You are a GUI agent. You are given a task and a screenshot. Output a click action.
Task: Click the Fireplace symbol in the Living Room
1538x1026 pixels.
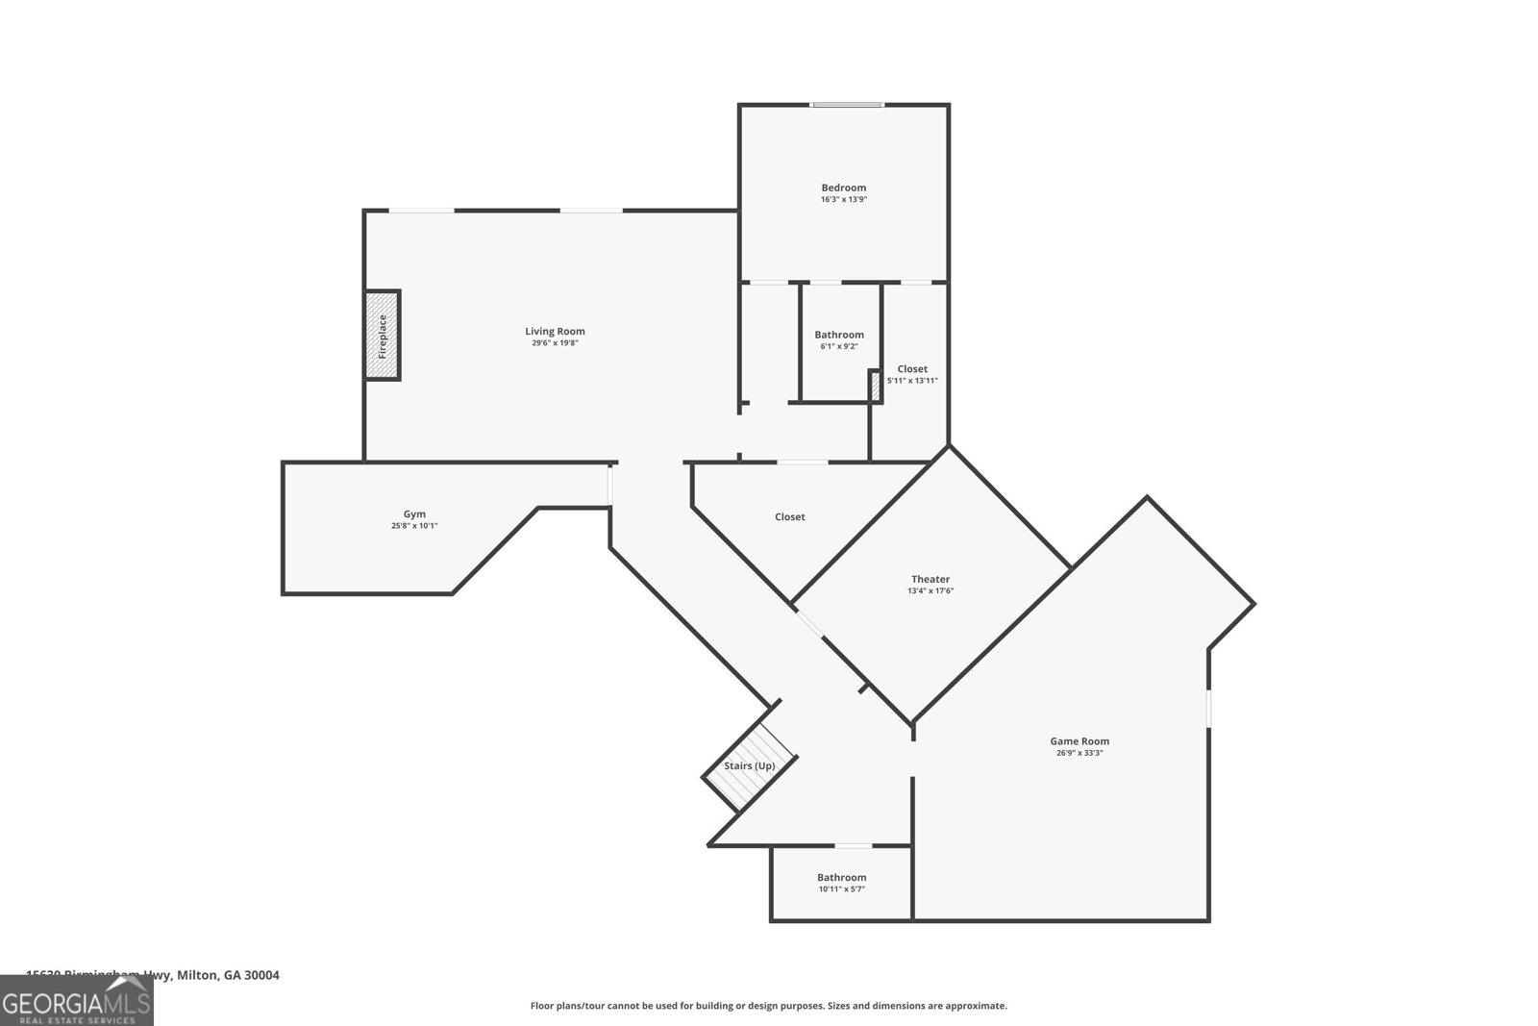[382, 336]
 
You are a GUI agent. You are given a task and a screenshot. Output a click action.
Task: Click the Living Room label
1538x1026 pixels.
[555, 331]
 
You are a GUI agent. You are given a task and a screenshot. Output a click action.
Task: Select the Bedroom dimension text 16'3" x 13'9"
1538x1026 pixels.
[843, 200]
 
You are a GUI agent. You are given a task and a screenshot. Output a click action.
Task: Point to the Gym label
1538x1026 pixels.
[414, 513]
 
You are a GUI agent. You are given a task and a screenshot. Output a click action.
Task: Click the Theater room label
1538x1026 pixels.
[930, 579]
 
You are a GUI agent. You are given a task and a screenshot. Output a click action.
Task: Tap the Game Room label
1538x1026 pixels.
[1079, 740]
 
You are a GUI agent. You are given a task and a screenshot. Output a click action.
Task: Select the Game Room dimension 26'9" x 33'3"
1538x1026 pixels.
[1079, 753]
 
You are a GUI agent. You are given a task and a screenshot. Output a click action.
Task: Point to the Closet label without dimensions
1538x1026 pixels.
[789, 517]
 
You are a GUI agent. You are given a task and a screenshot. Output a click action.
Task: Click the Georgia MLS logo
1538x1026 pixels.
[76, 1001]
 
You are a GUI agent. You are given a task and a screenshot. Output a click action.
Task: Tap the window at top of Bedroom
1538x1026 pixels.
[846, 105]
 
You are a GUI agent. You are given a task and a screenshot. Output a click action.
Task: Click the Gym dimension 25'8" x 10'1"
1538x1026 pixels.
[414, 526]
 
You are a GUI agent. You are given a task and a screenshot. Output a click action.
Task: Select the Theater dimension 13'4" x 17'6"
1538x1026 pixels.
[930, 591]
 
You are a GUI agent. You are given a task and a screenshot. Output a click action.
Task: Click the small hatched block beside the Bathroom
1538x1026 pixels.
[875, 387]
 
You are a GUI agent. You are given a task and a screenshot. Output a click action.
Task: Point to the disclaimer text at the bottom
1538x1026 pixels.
[768, 1006]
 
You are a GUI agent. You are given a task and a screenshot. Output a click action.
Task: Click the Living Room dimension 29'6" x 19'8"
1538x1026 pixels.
[555, 343]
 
